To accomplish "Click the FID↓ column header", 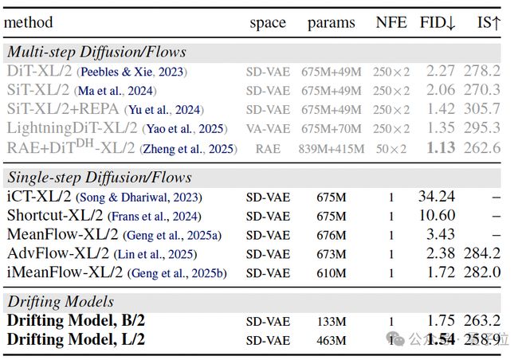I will pyautogui.click(x=438, y=22).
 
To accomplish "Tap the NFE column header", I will pyautogui.click(x=391, y=22).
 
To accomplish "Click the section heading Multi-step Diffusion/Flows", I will pyautogui.click(x=96, y=52).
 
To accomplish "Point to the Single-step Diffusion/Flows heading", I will pyautogui.click(x=100, y=177).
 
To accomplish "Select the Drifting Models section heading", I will pyautogui.click(x=61, y=301).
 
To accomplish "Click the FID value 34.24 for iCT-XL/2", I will pyautogui.click(x=436, y=197).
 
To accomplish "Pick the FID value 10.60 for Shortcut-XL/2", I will pyautogui.click(x=436, y=216).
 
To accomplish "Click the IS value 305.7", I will pyautogui.click(x=482, y=108).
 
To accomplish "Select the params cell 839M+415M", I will pyautogui.click(x=332, y=148).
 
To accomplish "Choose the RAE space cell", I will pyautogui.click(x=268, y=148).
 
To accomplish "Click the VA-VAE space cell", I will pyautogui.click(x=268, y=129).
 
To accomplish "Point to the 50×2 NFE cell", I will pyautogui.click(x=391, y=148).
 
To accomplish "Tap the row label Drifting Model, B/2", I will pyautogui.click(x=77, y=321).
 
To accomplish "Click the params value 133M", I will pyautogui.click(x=332, y=322).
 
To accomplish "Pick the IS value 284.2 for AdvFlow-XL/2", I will pyautogui.click(x=482, y=254).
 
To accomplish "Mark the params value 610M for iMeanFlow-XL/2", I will pyautogui.click(x=332, y=273).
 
